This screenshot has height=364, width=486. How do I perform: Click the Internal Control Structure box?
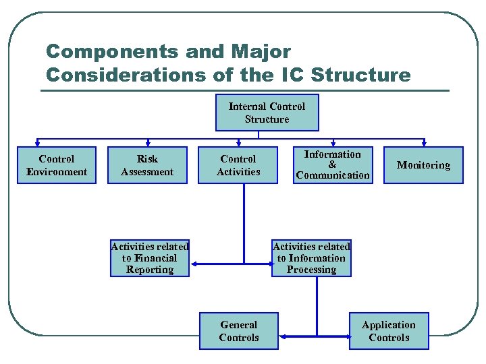click(x=267, y=113)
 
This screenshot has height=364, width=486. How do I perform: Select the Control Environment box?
click(x=57, y=165)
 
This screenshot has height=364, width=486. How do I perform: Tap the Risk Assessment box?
click(x=147, y=165)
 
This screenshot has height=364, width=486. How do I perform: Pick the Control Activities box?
click(x=238, y=165)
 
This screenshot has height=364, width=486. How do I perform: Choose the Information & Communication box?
click(x=333, y=165)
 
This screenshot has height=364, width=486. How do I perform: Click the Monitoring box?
click(x=423, y=165)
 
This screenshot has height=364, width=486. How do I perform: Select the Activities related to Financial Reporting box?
click(x=150, y=258)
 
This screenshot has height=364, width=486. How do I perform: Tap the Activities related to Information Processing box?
click(x=311, y=258)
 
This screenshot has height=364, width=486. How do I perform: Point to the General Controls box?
click(x=239, y=331)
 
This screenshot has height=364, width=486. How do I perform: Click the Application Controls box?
click(x=389, y=331)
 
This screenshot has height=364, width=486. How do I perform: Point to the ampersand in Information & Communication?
click(x=332, y=164)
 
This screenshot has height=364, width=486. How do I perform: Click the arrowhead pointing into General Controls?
click(x=282, y=336)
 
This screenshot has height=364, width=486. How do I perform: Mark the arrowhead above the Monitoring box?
click(x=424, y=143)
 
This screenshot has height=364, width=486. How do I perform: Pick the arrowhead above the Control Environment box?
click(x=39, y=143)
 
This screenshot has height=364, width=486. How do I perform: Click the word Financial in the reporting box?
click(x=155, y=258)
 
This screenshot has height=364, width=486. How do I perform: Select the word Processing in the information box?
click(x=311, y=270)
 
